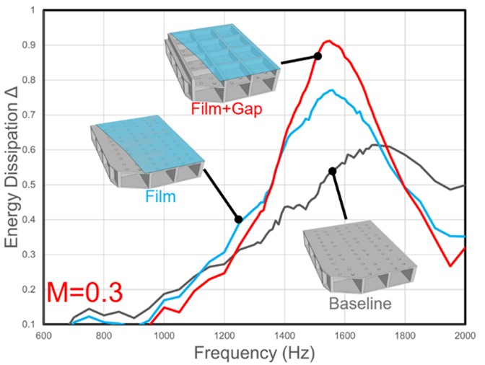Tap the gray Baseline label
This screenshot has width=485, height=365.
(x=360, y=303)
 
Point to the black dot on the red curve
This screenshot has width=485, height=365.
(x=318, y=56)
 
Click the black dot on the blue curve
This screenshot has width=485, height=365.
(x=238, y=219)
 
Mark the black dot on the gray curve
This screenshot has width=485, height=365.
(x=332, y=171)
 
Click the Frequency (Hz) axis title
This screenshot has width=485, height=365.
(x=254, y=354)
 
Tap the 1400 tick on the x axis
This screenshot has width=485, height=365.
(x=284, y=336)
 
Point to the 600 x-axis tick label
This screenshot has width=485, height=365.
(x=44, y=336)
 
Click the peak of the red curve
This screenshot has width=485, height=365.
(x=328, y=41)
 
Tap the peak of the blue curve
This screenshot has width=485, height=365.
(x=331, y=90)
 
